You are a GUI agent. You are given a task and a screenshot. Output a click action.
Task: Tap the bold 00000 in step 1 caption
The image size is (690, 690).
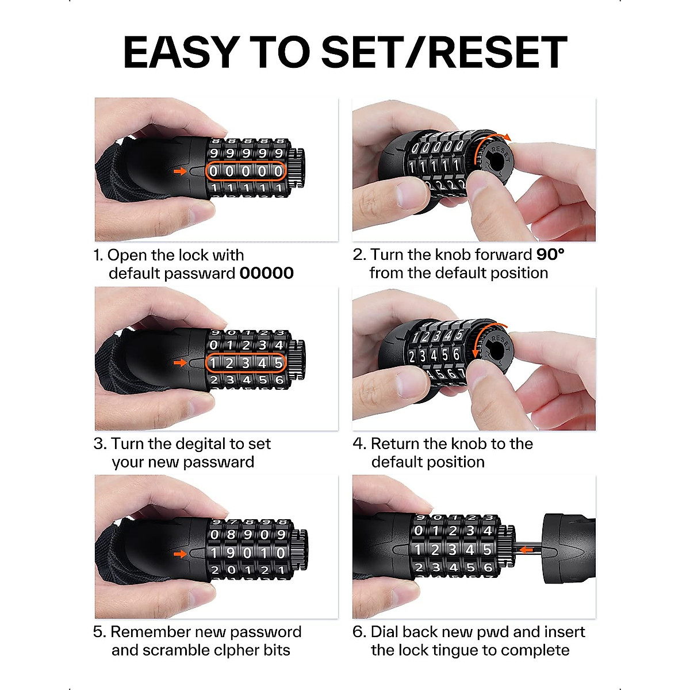coord(266,273)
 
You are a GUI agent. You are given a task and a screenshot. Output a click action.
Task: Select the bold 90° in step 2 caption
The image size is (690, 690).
coord(550,255)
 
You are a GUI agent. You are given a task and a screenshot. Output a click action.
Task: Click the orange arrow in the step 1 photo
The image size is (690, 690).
coord(181,171)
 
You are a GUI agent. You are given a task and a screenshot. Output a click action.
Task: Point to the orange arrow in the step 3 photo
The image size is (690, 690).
coord(181,363)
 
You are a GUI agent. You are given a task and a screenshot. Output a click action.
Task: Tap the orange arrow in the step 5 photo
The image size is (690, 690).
coord(181,554)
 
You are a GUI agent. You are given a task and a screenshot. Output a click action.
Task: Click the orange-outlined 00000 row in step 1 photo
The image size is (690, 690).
coord(246,171)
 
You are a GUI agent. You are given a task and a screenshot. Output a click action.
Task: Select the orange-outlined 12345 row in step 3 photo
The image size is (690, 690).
coord(246,363)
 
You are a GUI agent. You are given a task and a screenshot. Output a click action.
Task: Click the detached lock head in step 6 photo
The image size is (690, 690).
coord(568,548)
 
